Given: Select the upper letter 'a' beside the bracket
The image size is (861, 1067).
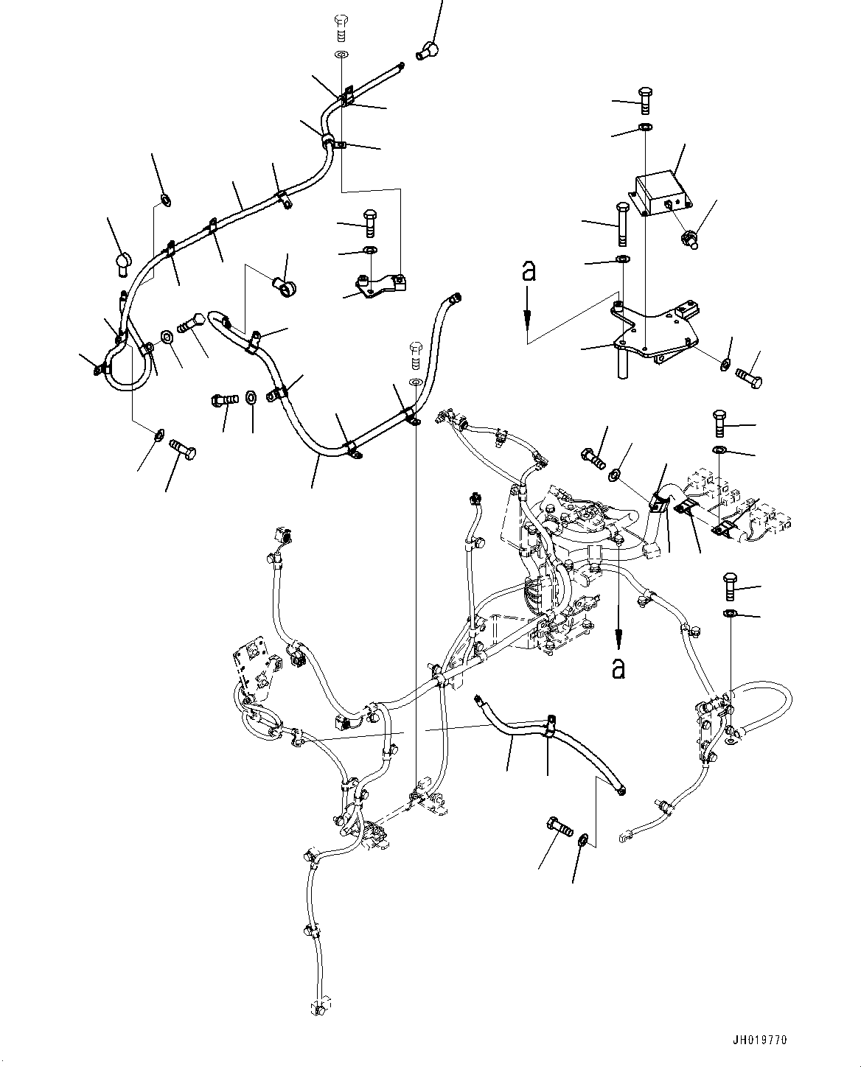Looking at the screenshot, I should [x=528, y=272].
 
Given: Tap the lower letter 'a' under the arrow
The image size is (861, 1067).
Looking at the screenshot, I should [x=618, y=668].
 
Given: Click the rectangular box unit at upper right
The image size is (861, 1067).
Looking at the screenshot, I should [x=658, y=192].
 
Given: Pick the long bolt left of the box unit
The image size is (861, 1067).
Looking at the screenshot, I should [x=621, y=225].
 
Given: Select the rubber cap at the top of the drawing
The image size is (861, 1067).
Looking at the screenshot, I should [x=427, y=50].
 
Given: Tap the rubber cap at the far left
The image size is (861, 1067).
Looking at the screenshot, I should [x=122, y=262].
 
